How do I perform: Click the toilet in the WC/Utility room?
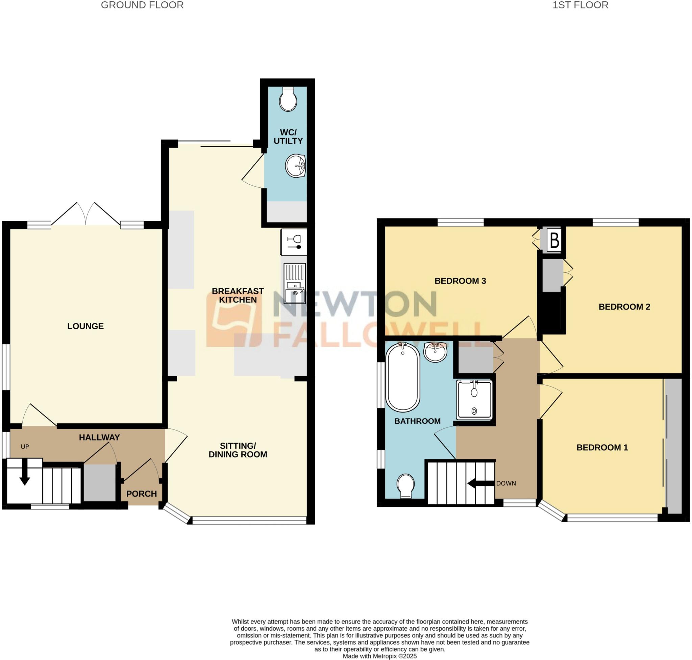(288, 100)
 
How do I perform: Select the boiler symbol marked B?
(554, 241)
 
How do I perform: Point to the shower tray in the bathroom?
(474, 400)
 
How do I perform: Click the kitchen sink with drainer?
(294, 284)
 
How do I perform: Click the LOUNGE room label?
(85, 326)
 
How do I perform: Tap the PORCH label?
(141, 494)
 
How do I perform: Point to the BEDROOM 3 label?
(460, 281)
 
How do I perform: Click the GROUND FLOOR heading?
(142, 5)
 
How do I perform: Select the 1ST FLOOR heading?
(580, 5)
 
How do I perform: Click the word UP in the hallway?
(25, 447)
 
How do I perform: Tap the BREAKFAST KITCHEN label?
(238, 295)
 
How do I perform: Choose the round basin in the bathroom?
(435, 351)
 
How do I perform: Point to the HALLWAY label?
(99, 437)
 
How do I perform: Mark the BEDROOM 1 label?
(602, 448)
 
